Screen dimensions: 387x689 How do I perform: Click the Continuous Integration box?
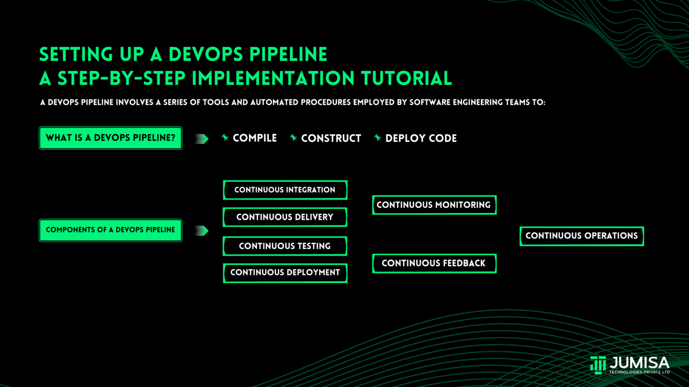[285, 190]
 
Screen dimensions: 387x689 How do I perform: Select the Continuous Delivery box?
[285, 217]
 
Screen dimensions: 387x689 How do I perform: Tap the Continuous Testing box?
[285, 246]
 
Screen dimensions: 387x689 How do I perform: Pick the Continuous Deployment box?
[285, 273]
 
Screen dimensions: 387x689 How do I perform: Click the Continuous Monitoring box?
[434, 205]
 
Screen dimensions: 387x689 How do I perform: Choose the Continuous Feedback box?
[434, 263]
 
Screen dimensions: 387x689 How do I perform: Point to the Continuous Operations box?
[581, 236]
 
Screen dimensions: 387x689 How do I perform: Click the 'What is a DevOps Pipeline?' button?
[110, 138]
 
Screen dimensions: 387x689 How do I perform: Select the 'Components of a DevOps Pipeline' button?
[110, 230]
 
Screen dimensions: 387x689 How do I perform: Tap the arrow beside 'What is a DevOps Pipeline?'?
[202, 139]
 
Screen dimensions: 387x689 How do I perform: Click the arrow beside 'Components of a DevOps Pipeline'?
[202, 231]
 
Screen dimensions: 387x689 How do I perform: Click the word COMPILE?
[255, 138]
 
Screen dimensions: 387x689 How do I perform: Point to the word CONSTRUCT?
[331, 138]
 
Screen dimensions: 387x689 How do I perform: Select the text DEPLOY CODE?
[421, 138]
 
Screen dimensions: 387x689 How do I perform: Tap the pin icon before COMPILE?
[225, 138]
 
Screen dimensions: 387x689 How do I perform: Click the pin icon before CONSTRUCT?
[293, 138]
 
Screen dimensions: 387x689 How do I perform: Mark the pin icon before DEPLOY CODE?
[378, 138]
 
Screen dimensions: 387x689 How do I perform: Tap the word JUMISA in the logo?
[639, 363]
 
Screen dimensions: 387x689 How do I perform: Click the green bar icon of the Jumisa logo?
[598, 365]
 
